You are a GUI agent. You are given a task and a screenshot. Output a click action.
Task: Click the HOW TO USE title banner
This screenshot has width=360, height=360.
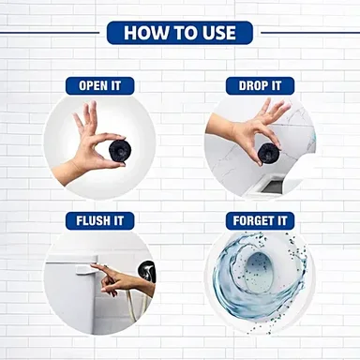coord(180,33)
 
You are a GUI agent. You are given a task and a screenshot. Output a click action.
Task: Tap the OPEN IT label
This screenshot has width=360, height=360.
coord(99,86)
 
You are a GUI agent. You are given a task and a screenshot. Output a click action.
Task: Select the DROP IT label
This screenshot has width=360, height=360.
coord(260,86)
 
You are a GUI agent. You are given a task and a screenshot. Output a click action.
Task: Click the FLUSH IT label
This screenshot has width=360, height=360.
coord(99,221)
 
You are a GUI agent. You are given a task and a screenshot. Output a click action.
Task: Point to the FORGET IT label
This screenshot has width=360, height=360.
coord(260,221)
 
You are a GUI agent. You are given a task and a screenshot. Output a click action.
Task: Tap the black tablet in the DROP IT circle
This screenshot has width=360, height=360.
coord(267,153)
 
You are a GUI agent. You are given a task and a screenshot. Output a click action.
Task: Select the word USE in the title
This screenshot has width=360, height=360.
coord(218,33)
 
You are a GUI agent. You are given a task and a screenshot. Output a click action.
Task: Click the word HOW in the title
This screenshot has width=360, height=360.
coord(142,33)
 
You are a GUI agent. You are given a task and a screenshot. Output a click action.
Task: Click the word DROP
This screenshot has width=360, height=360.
coord(253,86)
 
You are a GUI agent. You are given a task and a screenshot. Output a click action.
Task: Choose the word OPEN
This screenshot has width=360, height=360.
coord(93,86)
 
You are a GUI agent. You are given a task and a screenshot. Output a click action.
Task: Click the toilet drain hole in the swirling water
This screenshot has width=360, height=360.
coord(260,271)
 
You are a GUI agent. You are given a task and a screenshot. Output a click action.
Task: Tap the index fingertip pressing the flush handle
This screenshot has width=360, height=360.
coord(93,266)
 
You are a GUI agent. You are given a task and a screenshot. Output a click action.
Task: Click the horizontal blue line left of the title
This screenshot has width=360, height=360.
coord(50,33)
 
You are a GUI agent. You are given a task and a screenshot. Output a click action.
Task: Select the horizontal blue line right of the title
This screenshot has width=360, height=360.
coord(310,33)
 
